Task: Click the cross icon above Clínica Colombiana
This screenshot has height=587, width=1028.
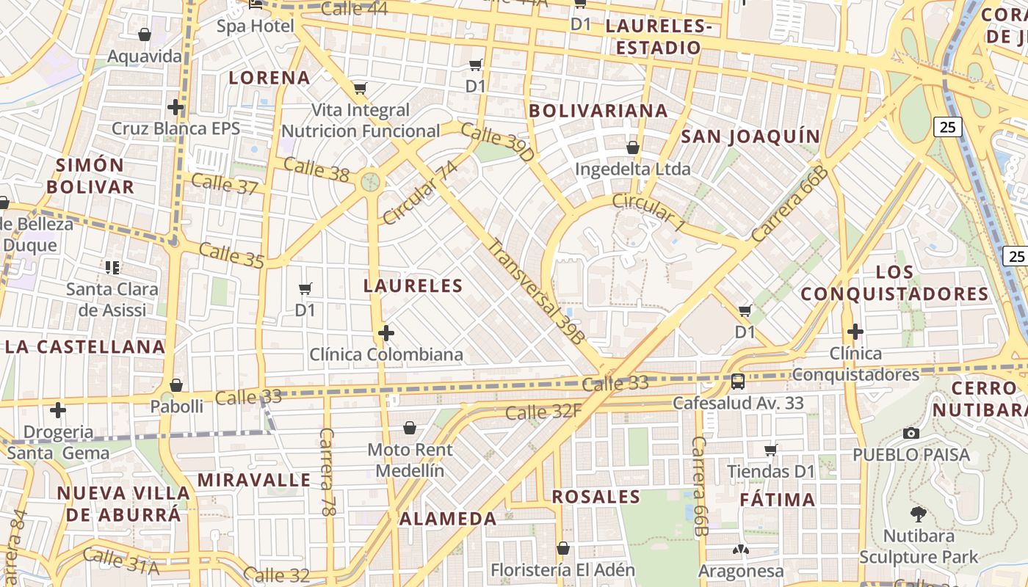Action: (x=386, y=334)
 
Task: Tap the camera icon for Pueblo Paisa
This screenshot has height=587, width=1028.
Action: (x=911, y=433)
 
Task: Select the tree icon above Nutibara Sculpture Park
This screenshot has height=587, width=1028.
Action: (x=918, y=514)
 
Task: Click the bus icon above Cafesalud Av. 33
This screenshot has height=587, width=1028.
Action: (x=738, y=382)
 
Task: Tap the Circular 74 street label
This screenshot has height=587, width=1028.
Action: (x=420, y=193)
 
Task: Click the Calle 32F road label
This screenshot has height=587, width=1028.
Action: (x=543, y=412)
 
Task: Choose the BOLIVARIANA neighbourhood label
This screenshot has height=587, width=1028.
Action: (x=598, y=111)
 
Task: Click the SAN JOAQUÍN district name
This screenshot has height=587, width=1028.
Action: (x=750, y=136)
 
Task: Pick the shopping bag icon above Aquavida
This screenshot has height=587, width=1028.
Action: (x=145, y=34)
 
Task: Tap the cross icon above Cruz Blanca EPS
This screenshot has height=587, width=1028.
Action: (x=175, y=107)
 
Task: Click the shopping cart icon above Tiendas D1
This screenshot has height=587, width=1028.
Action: (x=771, y=449)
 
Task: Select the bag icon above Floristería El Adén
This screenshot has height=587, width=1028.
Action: (x=563, y=548)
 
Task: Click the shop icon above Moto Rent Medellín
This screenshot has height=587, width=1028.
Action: (x=410, y=428)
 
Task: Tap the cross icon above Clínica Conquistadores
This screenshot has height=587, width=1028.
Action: (x=855, y=332)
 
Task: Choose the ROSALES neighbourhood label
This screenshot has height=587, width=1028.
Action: (x=596, y=497)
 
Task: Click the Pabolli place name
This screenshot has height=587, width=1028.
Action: (x=176, y=406)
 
